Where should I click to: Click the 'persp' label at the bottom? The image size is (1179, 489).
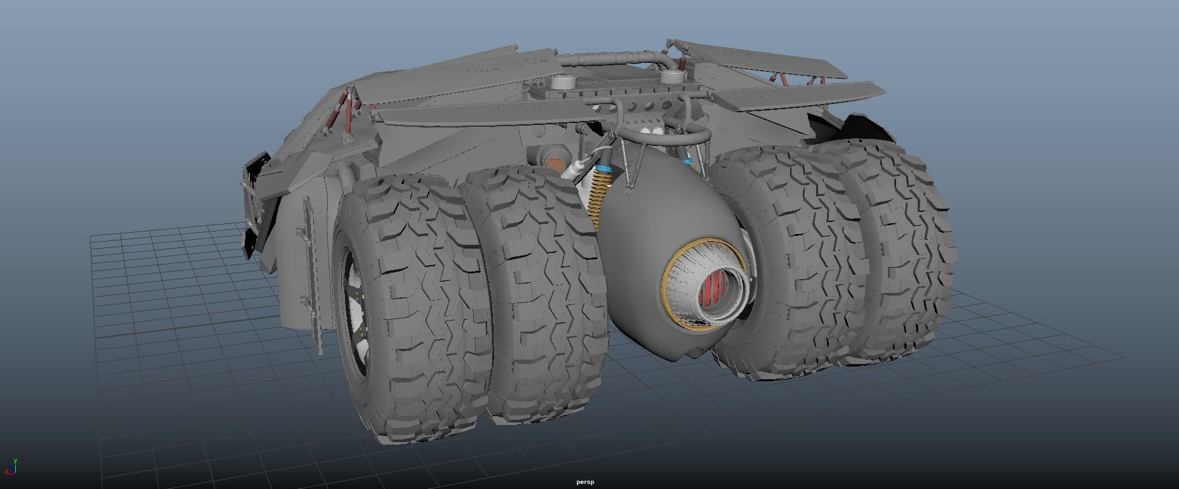coord(585,482)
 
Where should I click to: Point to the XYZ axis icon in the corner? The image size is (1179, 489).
coord(11,467)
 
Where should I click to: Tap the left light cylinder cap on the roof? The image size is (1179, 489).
coord(563,82)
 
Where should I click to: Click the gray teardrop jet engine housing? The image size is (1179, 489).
coord(641,241)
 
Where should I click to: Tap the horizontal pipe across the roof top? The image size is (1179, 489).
coord(609,58)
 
